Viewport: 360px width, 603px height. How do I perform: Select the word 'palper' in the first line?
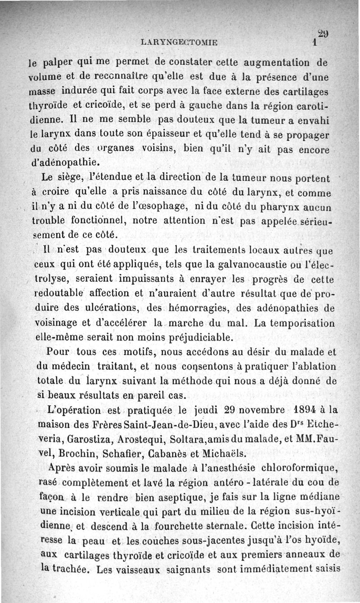pyautogui.click(x=63, y=61)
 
